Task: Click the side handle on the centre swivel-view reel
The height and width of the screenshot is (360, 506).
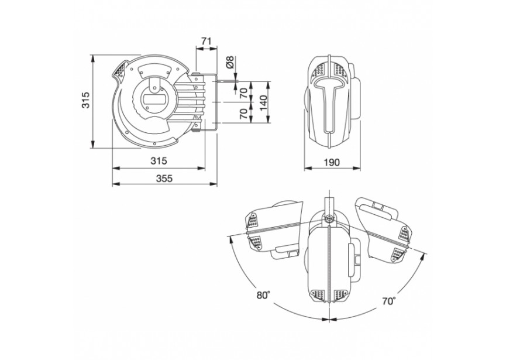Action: click(354, 257)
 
